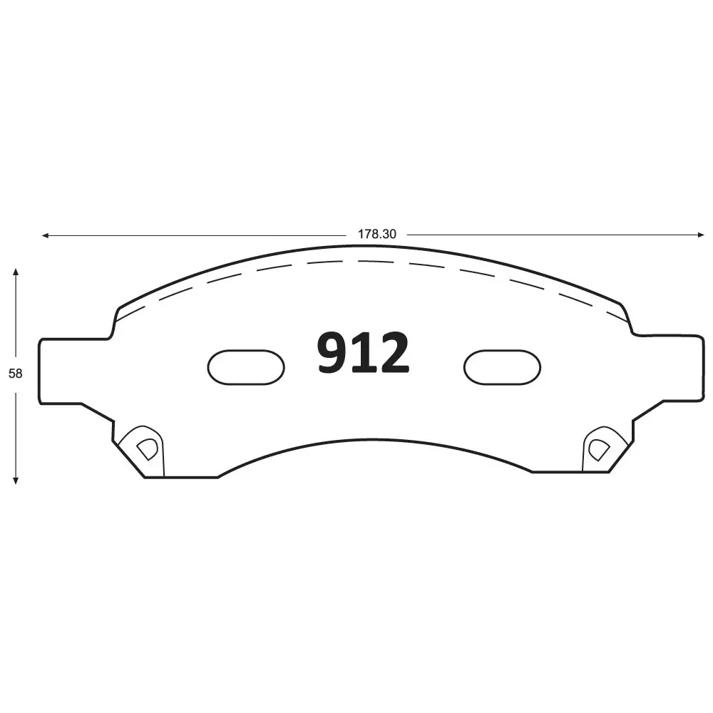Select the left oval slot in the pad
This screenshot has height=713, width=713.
point(245,366)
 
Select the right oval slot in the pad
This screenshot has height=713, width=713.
point(502,366)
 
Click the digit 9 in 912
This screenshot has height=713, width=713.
point(332,354)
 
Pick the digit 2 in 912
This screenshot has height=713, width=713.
point(394,354)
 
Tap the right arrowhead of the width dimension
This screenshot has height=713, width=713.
point(701,235)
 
